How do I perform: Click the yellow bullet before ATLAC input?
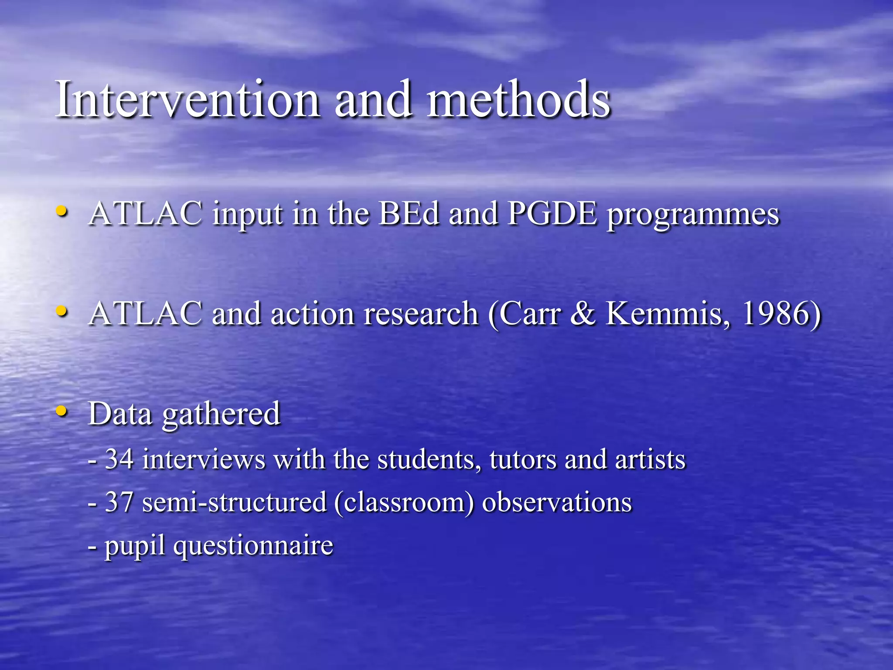pos(62,211)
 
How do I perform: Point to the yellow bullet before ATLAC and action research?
pos(62,311)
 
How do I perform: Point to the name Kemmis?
pos(667,314)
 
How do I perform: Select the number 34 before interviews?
pos(119,459)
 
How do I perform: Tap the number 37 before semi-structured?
pos(119,502)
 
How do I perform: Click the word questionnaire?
pos(253,547)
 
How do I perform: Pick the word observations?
pos(556,502)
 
